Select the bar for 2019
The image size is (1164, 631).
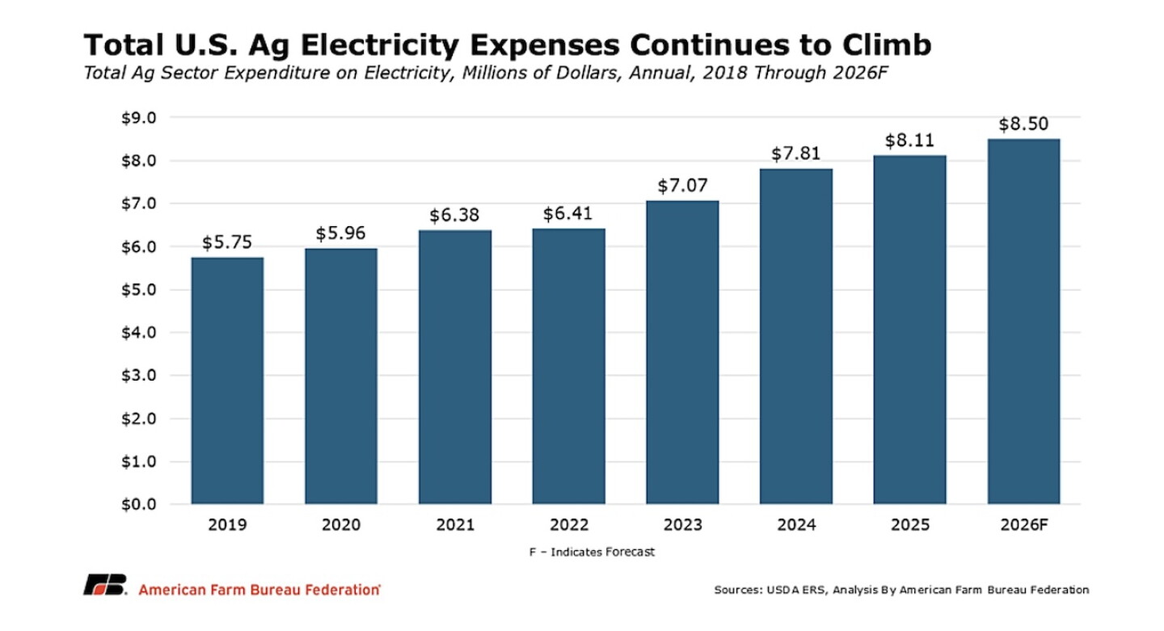pyautogui.click(x=227, y=381)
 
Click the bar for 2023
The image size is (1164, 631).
pyautogui.click(x=682, y=352)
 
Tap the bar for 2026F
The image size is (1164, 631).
pyautogui.click(x=1023, y=322)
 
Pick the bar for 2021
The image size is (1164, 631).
pyautogui.click(x=454, y=367)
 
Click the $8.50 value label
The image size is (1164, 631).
pyautogui.click(x=1023, y=124)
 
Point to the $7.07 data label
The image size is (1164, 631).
pyautogui.click(x=682, y=185)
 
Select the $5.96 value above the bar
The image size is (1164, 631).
pyautogui.click(x=341, y=233)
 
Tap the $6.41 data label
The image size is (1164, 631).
pyautogui.click(x=568, y=213)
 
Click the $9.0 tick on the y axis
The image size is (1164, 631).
pyautogui.click(x=139, y=118)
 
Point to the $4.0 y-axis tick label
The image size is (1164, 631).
pyautogui.click(x=139, y=332)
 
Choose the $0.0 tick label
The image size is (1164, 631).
pyautogui.click(x=139, y=504)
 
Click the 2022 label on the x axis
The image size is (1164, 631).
pyautogui.click(x=569, y=525)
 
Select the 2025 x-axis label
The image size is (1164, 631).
pyautogui.click(x=910, y=525)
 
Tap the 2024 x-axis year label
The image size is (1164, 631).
pyautogui.click(x=797, y=525)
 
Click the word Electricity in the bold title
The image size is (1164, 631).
pyautogui.click(x=379, y=45)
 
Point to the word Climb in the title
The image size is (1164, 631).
pyautogui.click(x=887, y=44)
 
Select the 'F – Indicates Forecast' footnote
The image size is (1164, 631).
pyautogui.click(x=592, y=552)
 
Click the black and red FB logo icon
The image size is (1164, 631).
pyautogui.click(x=105, y=585)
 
